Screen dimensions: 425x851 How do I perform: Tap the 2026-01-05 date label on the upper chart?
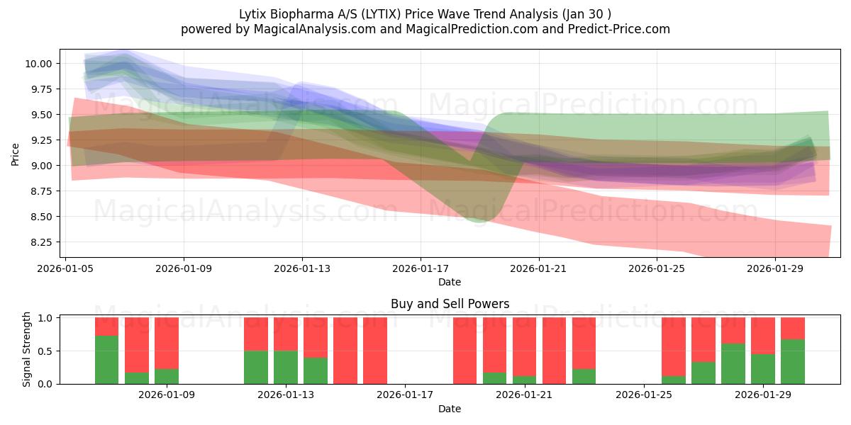66,269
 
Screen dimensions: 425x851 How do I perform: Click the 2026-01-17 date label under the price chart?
421,269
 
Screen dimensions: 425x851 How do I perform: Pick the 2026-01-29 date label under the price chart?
774,269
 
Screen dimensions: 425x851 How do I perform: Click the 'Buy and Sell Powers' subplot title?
450,305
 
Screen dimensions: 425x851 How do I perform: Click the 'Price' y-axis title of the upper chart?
16,153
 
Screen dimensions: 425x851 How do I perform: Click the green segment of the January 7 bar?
106,360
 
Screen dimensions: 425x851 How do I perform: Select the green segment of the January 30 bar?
792,362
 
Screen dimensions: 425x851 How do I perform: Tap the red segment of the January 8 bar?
137,344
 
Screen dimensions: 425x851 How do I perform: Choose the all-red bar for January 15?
345,351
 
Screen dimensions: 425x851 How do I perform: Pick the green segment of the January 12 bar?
255,368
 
